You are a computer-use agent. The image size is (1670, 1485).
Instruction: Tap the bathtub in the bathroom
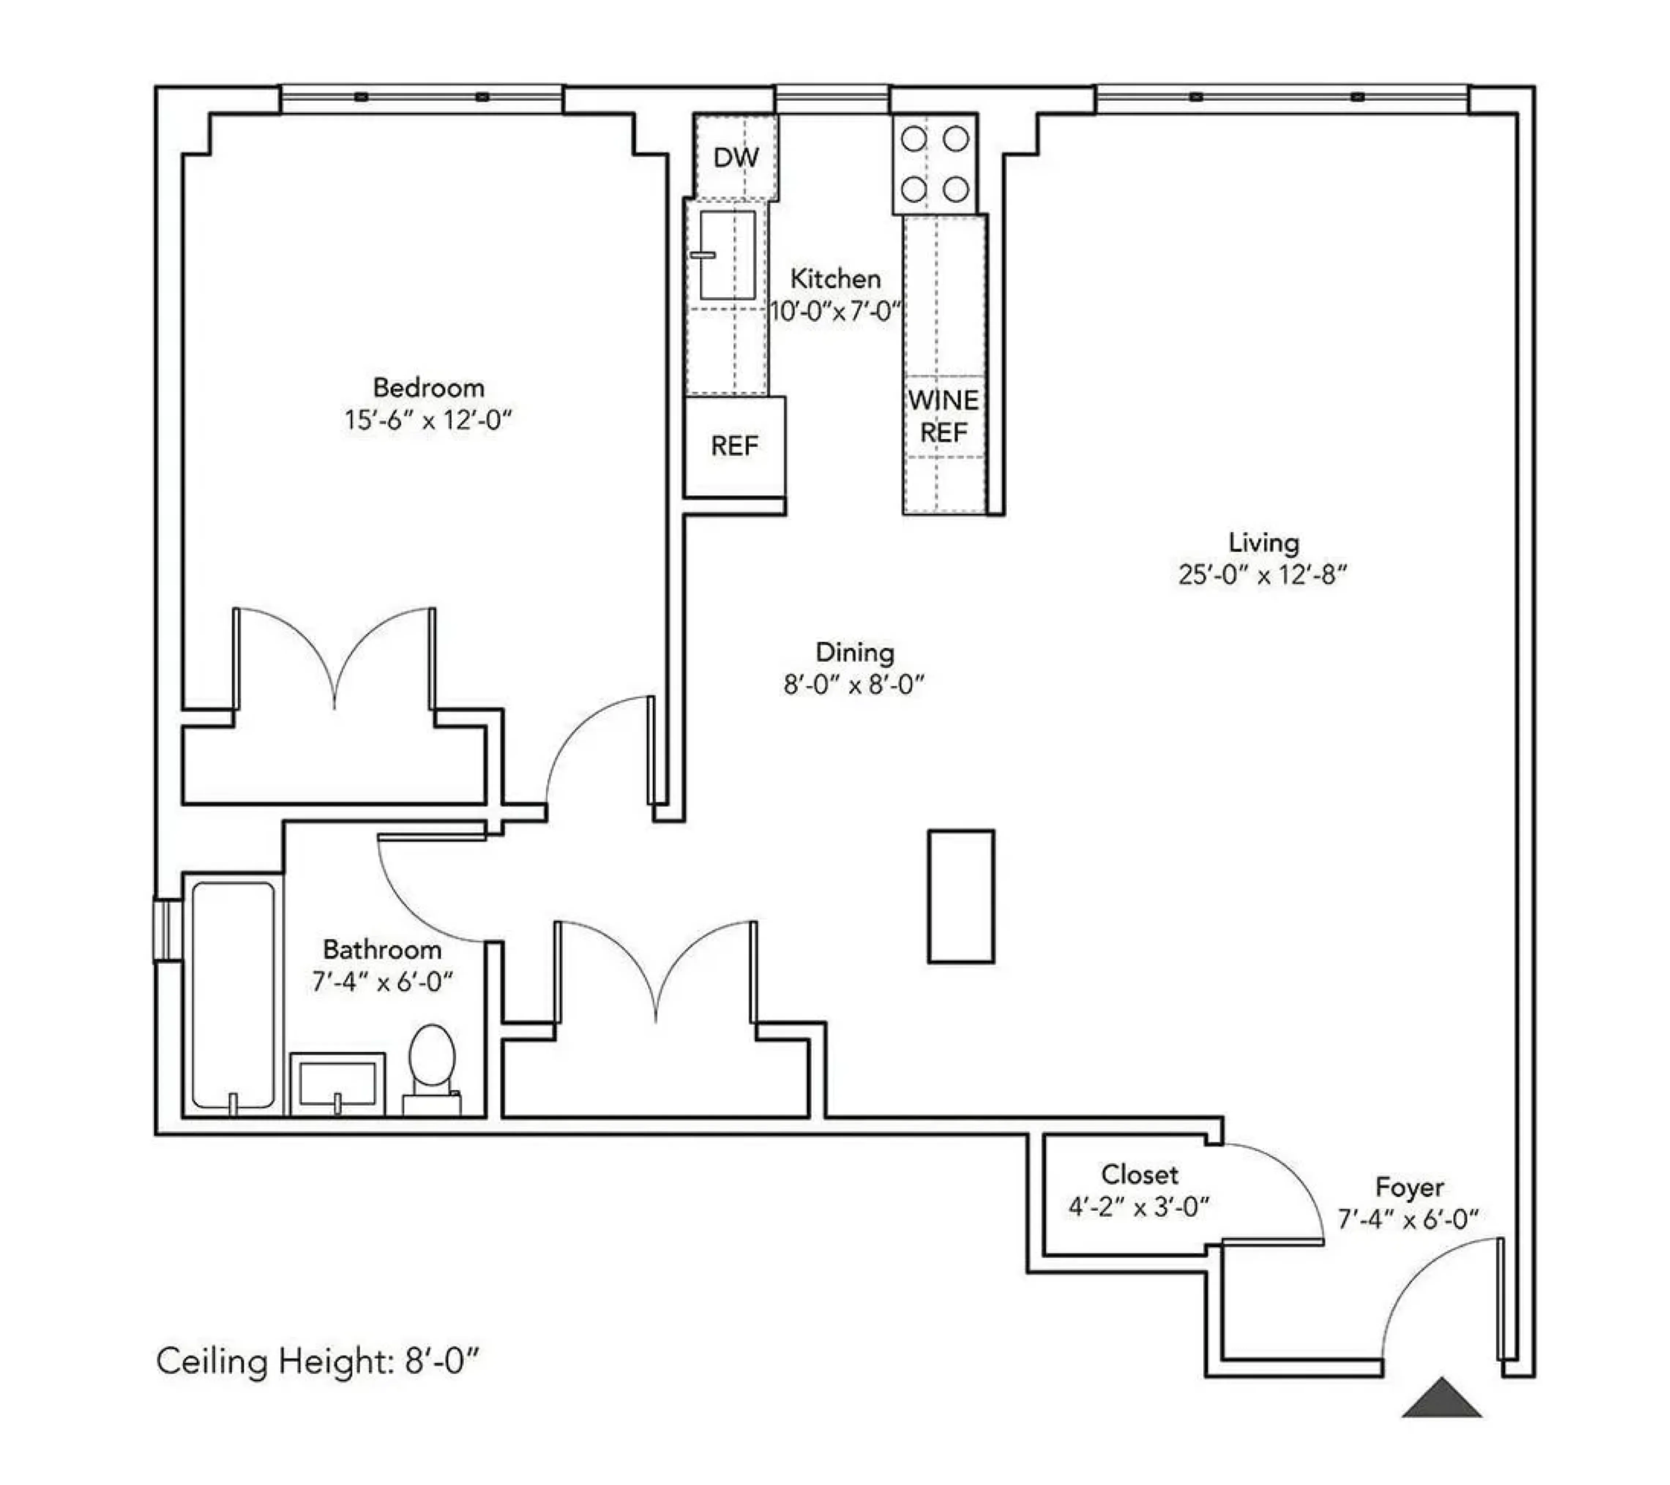tap(233, 995)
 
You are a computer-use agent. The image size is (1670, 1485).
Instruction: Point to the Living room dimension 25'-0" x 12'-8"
tap(1262, 575)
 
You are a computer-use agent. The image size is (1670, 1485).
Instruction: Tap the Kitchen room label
tap(835, 280)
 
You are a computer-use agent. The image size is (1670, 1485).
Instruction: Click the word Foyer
tap(1409, 1187)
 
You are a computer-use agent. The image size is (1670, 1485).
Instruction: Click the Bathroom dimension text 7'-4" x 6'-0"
tap(382, 982)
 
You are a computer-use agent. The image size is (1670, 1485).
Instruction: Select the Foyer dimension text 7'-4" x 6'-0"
tap(1408, 1219)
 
